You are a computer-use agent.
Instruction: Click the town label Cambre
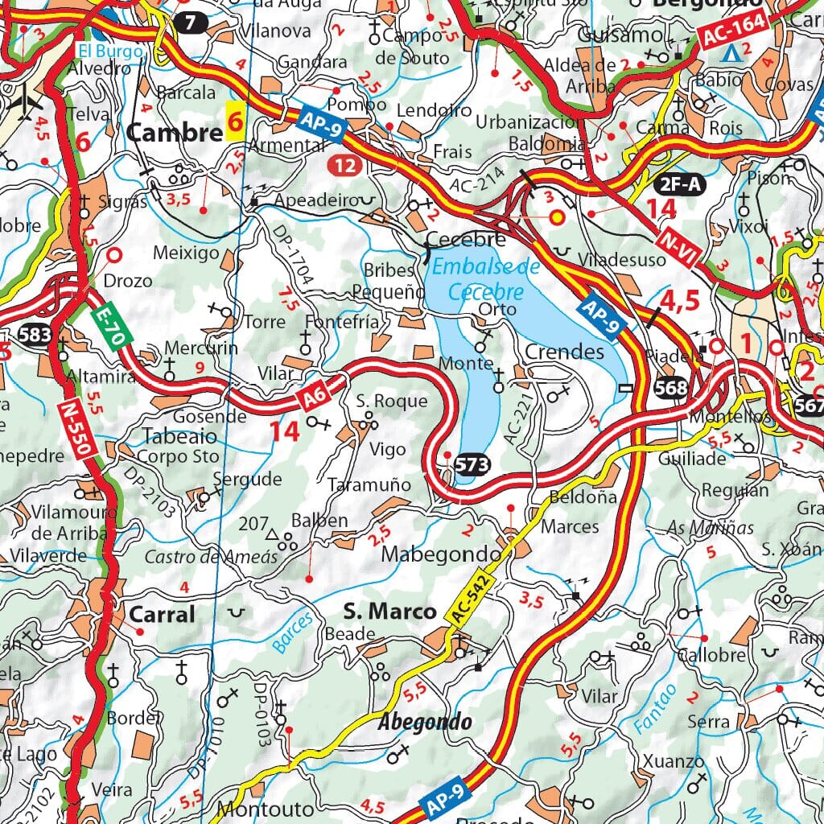tap(174, 133)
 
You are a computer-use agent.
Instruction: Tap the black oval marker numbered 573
tap(472, 463)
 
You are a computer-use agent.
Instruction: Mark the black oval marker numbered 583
tap(36, 335)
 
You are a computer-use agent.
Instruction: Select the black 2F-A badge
tap(679, 184)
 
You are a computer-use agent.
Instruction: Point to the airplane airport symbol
tap(30, 101)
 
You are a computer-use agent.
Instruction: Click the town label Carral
tap(162, 615)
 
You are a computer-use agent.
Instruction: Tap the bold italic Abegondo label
tap(425, 721)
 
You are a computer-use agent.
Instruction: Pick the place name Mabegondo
tap(440, 554)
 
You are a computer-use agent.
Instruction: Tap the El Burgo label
tap(110, 51)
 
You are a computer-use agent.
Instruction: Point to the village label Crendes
tap(564, 352)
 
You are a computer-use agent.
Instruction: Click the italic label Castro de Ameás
tap(211, 557)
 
